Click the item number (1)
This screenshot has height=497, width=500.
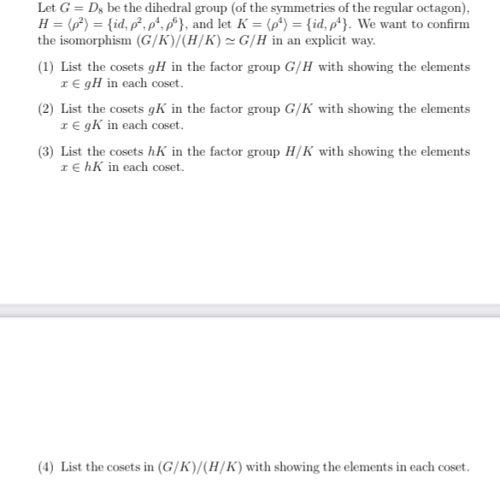[47, 67]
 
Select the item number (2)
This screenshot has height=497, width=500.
[47, 109]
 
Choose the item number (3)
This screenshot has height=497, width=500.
[47, 151]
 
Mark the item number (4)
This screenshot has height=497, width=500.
[47, 467]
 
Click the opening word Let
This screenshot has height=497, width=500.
[48, 8]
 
